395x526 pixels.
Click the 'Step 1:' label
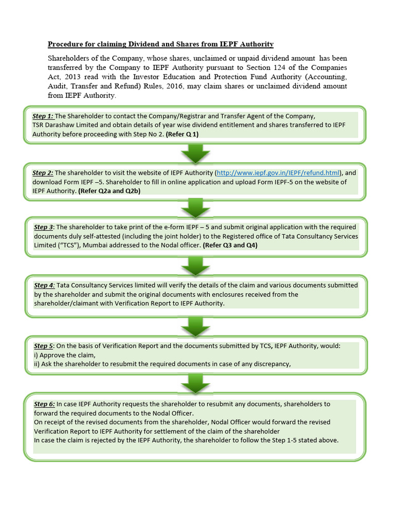coord(43,116)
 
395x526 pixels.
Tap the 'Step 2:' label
coord(43,173)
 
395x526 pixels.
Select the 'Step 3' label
coord(44,227)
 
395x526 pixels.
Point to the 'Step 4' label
coord(44,285)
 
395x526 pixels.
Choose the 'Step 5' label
coord(44,346)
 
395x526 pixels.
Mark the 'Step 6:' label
coord(45,404)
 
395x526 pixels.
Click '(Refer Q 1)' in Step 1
coord(182,134)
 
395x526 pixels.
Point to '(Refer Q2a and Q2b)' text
coord(109,191)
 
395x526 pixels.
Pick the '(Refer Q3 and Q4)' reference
coord(230,245)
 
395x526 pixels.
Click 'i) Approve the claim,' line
coord(64,355)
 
